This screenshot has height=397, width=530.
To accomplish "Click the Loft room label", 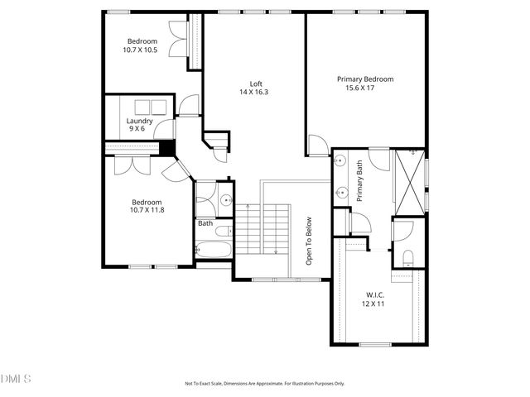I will (257, 84).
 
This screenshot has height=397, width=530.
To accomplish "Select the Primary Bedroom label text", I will (364, 79).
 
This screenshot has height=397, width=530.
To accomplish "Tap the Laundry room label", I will (139, 121).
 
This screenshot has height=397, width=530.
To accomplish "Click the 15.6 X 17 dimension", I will (364, 88).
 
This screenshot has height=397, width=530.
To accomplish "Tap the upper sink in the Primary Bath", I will (340, 162).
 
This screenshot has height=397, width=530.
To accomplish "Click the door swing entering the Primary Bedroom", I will (317, 146).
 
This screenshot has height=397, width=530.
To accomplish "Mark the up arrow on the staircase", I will (248, 207).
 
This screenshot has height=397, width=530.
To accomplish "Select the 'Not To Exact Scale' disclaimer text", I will (264, 384).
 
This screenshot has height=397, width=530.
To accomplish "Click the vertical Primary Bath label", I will (360, 181).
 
